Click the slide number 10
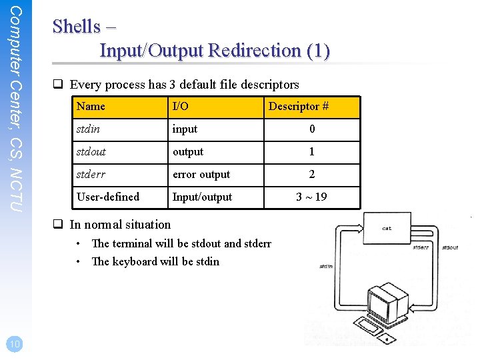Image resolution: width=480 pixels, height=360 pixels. [13, 343]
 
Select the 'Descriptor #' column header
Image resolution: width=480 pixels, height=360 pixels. [298, 107]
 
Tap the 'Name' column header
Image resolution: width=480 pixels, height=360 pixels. [91, 107]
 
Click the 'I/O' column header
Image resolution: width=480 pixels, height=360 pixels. [180, 107]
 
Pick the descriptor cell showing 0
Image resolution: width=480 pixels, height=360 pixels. [312, 129]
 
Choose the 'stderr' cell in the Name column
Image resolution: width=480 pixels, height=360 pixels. [92, 175]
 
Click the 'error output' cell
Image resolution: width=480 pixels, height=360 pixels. [201, 175]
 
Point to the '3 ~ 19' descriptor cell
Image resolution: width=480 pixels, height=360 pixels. [311, 197]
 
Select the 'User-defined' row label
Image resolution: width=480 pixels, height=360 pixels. [108, 197]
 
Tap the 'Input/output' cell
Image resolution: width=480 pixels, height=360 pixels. [202, 197]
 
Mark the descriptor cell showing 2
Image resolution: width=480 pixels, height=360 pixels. [311, 175]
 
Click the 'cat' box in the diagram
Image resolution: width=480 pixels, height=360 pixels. [387, 228]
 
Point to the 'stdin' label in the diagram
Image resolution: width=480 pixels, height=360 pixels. [326, 266]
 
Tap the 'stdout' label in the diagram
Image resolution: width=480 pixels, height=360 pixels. [450, 248]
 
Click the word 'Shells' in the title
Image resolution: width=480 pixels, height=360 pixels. [77, 27]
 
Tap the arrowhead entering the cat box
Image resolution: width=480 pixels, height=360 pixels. [359, 228]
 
